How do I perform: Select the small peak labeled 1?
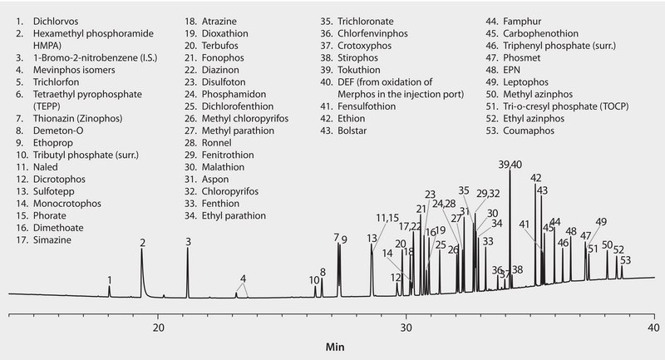[x=109, y=288]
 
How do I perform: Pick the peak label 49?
[x=600, y=222]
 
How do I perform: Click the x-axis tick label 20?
[x=158, y=328]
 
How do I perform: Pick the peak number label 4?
[x=243, y=278]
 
